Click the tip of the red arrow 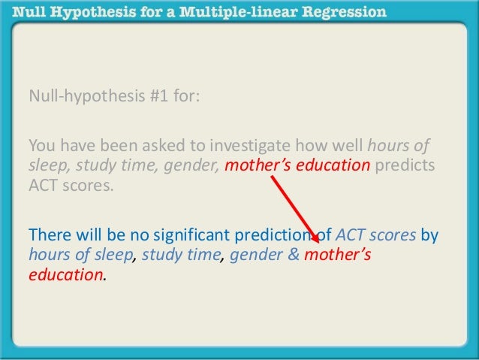coord(318,241)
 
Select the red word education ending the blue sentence coord(65,275)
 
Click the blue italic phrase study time coord(181,256)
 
